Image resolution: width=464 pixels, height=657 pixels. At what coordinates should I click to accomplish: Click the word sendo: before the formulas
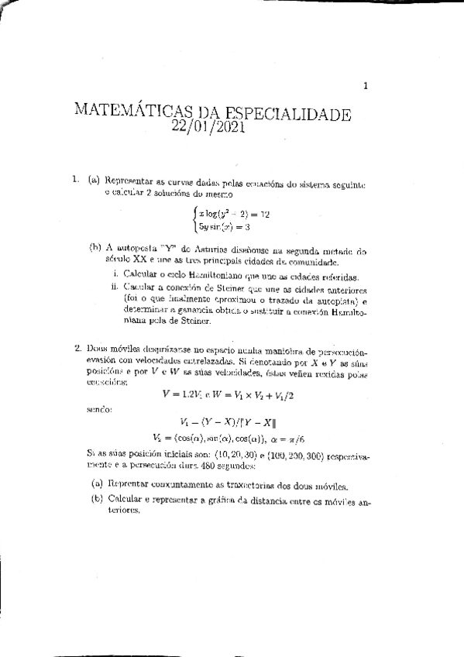97,408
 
